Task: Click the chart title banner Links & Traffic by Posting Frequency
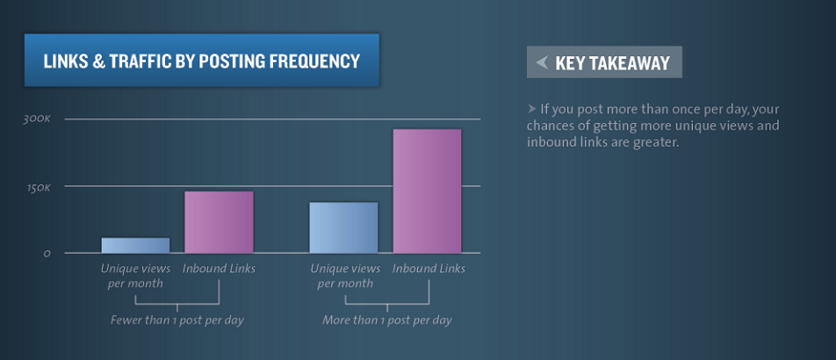click(202, 61)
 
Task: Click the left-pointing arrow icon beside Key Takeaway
click(542, 62)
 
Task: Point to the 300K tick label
click(36, 119)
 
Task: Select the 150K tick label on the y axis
click(39, 188)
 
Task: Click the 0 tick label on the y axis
click(47, 254)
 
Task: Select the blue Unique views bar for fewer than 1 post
click(135, 245)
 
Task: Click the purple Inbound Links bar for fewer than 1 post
click(219, 222)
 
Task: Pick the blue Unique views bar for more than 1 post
click(343, 227)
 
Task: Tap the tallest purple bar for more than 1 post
click(427, 191)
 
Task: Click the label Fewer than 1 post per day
click(177, 320)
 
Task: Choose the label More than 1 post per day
click(387, 320)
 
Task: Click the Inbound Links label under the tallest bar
click(429, 269)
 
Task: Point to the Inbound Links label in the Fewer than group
click(219, 269)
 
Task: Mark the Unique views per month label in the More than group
click(345, 276)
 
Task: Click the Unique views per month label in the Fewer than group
click(135, 276)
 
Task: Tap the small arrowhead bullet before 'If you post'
click(531, 109)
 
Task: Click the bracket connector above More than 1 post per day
click(387, 304)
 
